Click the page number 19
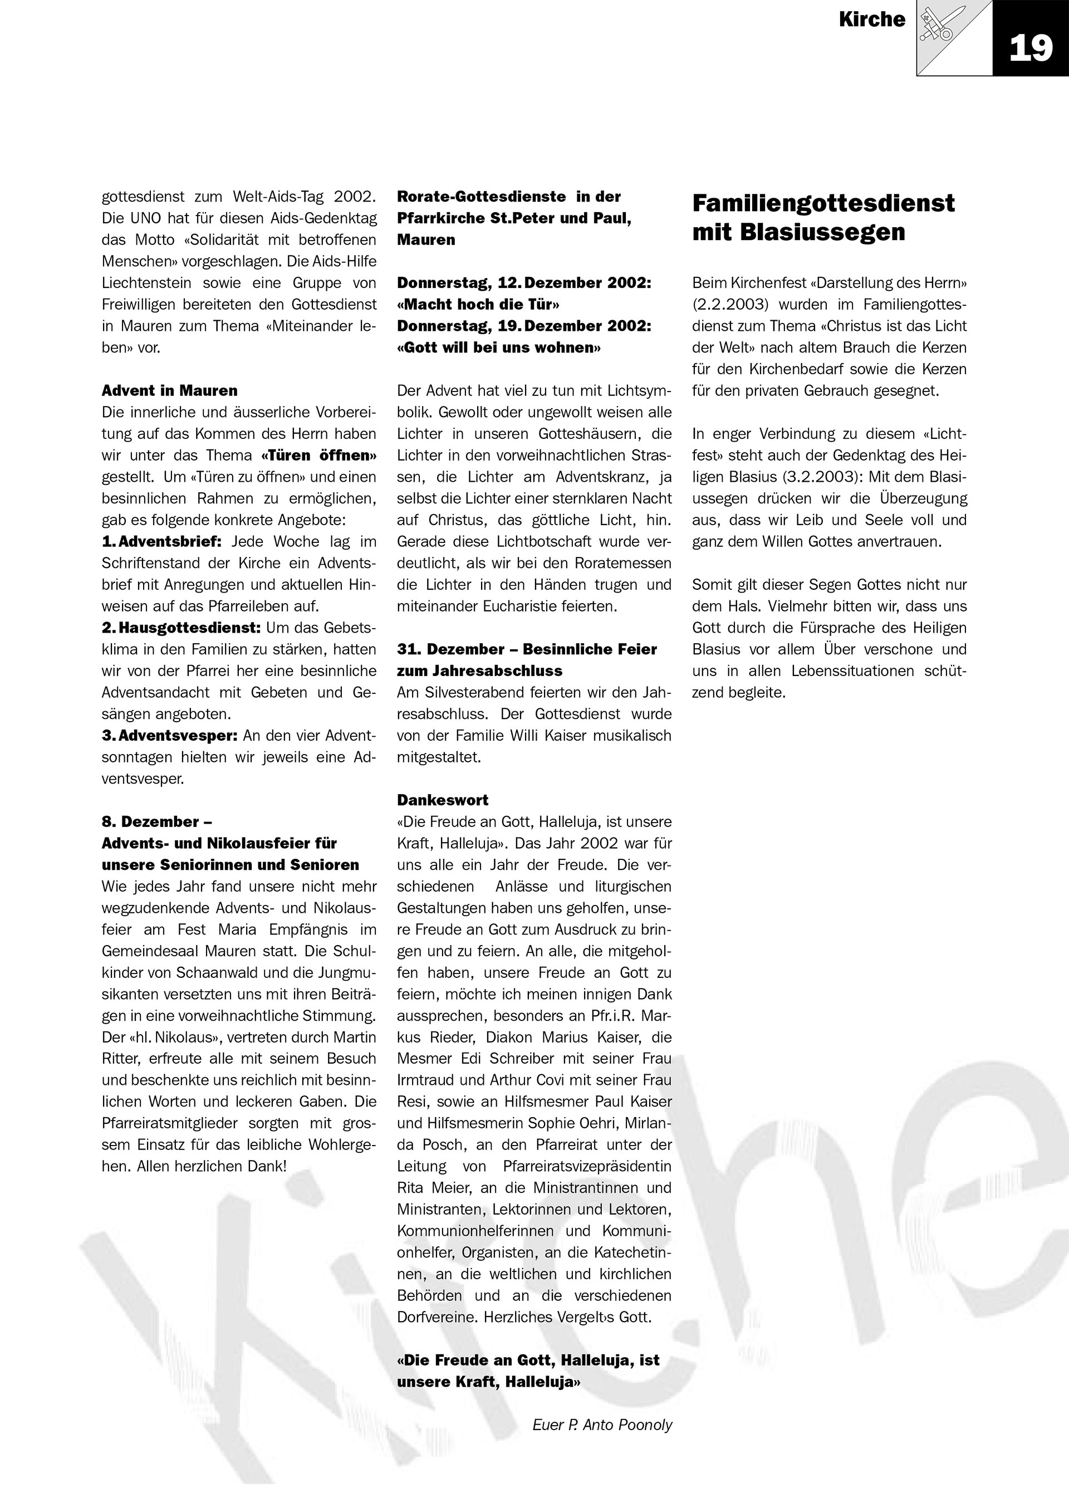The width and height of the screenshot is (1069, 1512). click(1030, 48)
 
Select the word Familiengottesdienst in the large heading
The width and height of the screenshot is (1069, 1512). click(823, 203)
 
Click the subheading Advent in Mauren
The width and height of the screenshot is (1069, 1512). click(169, 390)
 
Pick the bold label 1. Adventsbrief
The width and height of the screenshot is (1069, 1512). click(161, 541)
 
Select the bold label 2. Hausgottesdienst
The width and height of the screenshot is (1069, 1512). click(181, 628)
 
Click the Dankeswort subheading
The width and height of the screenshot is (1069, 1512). click(442, 800)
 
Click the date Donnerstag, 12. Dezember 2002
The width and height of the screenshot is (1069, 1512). click(524, 283)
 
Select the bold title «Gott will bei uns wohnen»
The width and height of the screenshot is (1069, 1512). click(498, 348)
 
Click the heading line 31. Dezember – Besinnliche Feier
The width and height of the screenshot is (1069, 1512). click(527, 649)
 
